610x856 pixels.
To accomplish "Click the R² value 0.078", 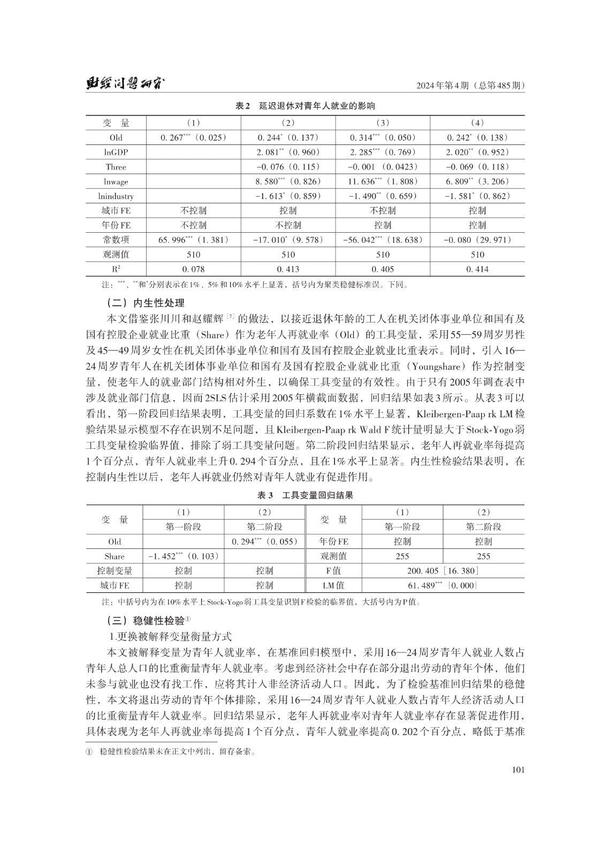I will (x=194, y=269).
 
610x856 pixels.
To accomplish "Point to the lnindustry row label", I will (x=116, y=196).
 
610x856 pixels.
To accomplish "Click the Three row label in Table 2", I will (x=116, y=167).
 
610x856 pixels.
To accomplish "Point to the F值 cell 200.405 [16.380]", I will (x=443, y=571).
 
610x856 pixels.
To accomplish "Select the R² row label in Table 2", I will (x=116, y=269).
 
